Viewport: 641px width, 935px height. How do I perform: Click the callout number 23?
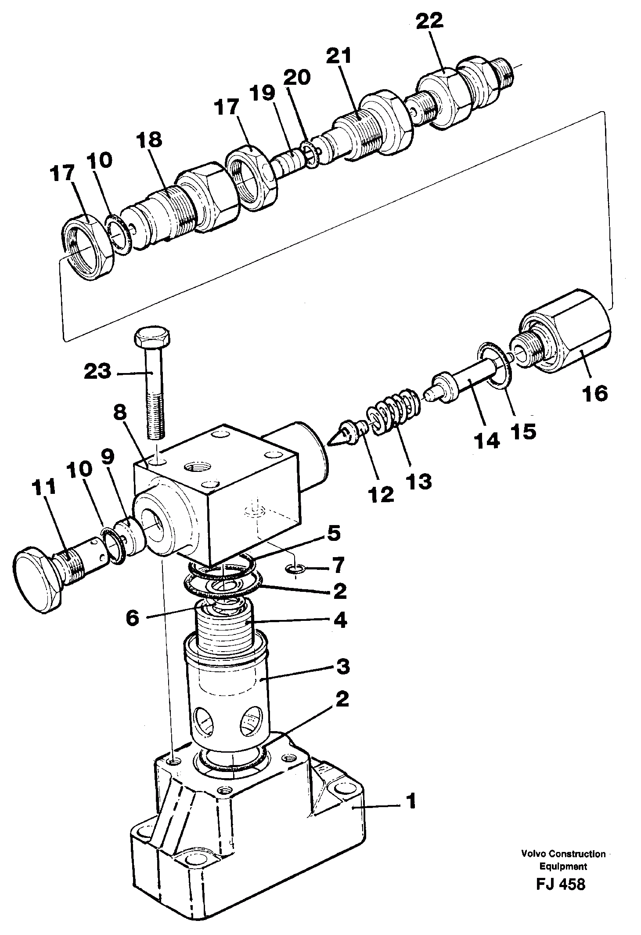(97, 372)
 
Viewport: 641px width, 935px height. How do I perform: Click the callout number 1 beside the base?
(411, 802)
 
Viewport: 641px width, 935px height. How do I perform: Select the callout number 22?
(430, 21)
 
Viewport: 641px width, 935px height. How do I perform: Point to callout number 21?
(339, 57)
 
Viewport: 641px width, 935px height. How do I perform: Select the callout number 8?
(119, 413)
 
